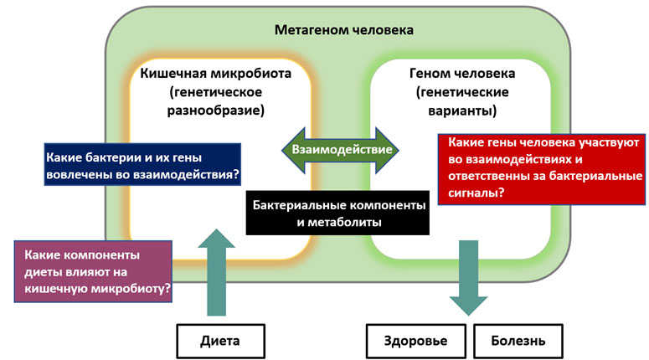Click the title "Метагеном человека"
click(x=344, y=30)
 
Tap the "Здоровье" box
click(x=415, y=341)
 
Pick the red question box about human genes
click(x=542, y=167)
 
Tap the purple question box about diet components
click(x=94, y=271)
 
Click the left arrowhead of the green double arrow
click(x=289, y=148)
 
